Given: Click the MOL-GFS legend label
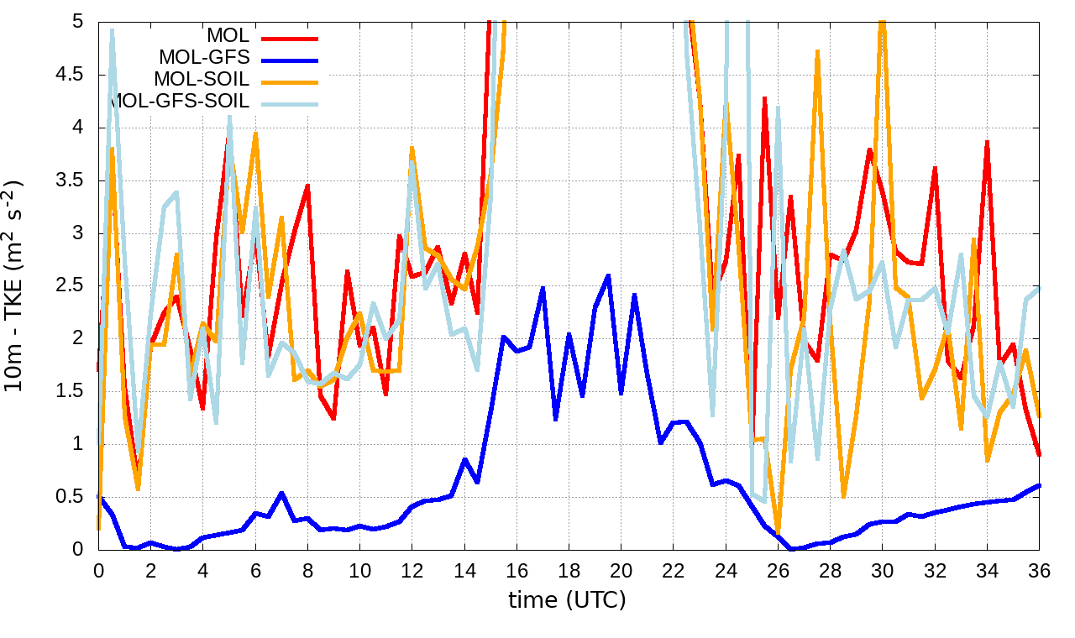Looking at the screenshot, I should tap(203, 58).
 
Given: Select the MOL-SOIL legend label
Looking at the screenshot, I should tap(202, 80).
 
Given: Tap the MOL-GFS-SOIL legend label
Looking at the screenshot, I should tap(179, 102).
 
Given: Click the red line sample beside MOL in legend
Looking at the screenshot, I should tap(289, 38).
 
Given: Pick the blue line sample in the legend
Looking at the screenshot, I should tap(289, 60).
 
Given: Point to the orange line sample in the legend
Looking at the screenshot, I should tap(289, 81).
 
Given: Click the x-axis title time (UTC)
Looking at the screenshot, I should tap(568, 600).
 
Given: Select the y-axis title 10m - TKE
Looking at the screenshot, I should tap(15, 285).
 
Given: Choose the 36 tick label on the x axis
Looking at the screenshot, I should tap(1040, 570).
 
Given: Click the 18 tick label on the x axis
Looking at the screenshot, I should tap(569, 570).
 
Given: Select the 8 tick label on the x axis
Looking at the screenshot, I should tap(307, 570).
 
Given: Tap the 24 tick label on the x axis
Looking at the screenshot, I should tap(726, 570).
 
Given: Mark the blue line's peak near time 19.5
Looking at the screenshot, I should tap(608, 275).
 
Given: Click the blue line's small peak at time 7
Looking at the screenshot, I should tap(281, 493).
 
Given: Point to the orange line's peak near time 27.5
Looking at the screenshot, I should tap(817, 51).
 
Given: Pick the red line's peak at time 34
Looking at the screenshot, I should tap(988, 142).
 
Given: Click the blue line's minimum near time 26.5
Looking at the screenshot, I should tap(791, 549).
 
